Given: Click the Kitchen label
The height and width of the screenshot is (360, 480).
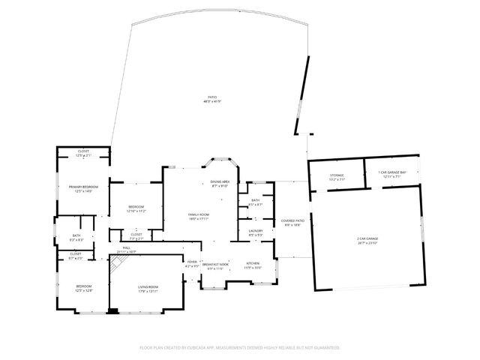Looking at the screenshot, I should click(253, 262).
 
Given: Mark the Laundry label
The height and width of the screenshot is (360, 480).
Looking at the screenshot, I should click(255, 231).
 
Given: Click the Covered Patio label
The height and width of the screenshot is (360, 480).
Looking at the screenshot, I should click(292, 220).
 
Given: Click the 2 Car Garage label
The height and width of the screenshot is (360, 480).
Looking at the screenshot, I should click(367, 240).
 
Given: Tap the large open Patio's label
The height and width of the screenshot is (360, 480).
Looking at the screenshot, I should click(213, 97).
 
